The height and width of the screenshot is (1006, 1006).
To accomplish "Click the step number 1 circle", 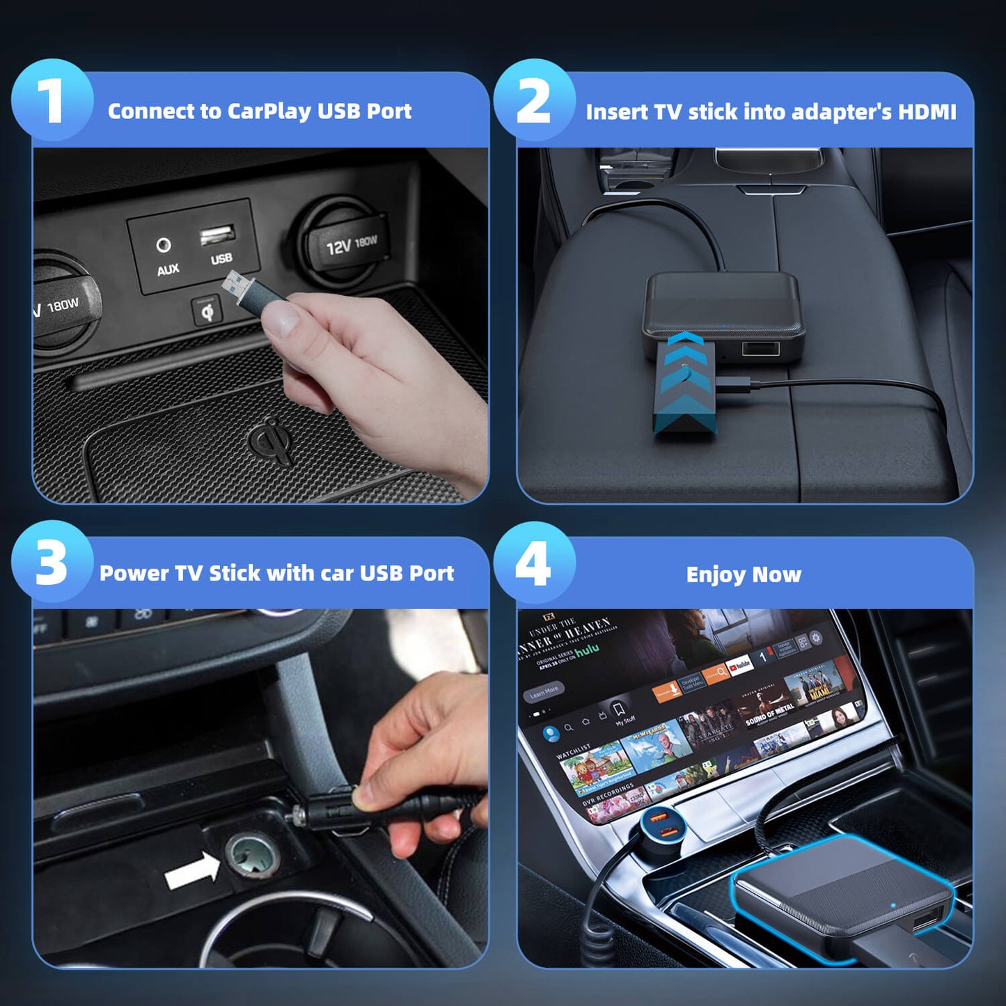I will pyautogui.click(x=52, y=100).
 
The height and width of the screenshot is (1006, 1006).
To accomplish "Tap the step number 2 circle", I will pyautogui.click(x=534, y=100).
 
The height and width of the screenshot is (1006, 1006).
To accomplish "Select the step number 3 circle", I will pyautogui.click(x=52, y=562).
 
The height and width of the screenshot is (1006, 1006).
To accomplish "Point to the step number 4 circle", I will pyautogui.click(x=534, y=562).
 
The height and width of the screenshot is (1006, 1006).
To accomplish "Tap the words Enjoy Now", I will pyautogui.click(x=744, y=574).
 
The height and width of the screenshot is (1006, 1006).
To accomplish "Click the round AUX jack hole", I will pyautogui.click(x=164, y=245).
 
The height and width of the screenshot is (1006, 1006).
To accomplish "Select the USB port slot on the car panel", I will pyautogui.click(x=217, y=235).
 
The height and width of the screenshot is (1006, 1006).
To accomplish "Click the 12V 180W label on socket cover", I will pyautogui.click(x=352, y=244).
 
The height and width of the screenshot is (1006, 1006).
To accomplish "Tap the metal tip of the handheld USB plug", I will pyautogui.click(x=234, y=282).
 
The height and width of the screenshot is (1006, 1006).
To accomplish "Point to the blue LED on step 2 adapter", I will pyautogui.click(x=724, y=325).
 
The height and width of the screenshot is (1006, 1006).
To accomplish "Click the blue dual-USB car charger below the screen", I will pyautogui.click(x=661, y=824).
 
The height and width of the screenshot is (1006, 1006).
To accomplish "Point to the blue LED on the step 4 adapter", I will pyautogui.click(x=893, y=906).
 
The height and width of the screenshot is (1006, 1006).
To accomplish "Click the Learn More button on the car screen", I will pyautogui.click(x=544, y=692).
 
